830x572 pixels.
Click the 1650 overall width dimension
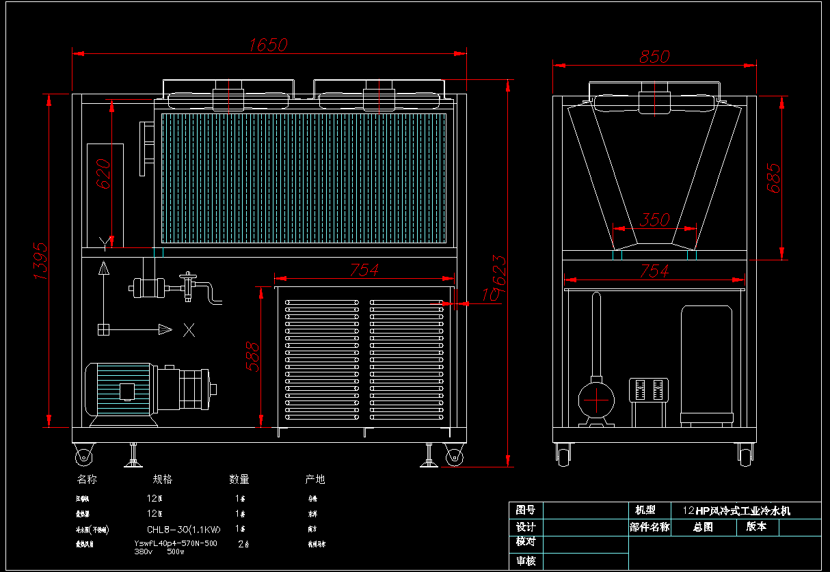[x=268, y=45]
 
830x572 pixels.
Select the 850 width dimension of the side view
[x=654, y=57]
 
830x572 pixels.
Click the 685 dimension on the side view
[x=773, y=178]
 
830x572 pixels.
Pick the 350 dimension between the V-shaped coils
[x=654, y=220]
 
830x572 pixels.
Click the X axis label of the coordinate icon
[x=189, y=331]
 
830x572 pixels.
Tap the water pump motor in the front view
[x=120, y=392]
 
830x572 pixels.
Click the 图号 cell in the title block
[x=526, y=510]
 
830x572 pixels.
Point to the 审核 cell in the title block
[x=526, y=561]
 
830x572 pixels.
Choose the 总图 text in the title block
[x=703, y=528]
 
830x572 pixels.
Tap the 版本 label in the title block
[x=756, y=527]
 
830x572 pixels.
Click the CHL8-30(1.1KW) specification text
[x=184, y=529]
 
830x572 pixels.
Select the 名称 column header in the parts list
[x=87, y=480]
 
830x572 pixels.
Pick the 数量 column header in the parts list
[x=239, y=480]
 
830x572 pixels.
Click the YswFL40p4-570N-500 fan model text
[x=176, y=544]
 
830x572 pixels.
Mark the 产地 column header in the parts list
[x=314, y=480]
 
